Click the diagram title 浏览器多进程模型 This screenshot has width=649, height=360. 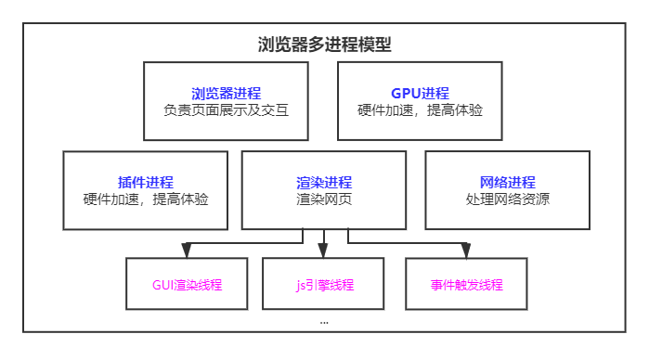324,45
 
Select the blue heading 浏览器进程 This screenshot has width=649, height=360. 226,93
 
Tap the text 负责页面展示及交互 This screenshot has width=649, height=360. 226,109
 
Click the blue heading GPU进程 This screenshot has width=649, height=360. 420,93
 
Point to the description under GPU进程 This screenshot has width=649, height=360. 420,109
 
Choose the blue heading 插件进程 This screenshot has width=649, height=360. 146,182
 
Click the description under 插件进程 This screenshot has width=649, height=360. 146,199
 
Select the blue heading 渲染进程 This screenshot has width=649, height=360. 324,182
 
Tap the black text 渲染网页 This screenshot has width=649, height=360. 324,199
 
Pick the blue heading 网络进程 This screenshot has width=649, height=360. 507,182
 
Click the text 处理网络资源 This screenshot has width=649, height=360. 507,199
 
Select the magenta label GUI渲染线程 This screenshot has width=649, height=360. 187,285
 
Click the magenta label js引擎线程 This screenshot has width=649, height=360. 323,285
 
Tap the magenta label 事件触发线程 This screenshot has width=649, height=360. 466,285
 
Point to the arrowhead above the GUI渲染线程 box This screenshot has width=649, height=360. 187,250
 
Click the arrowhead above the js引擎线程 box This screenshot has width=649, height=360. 323,250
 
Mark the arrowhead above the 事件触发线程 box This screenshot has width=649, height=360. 466,250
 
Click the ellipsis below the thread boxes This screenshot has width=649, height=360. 324,321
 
